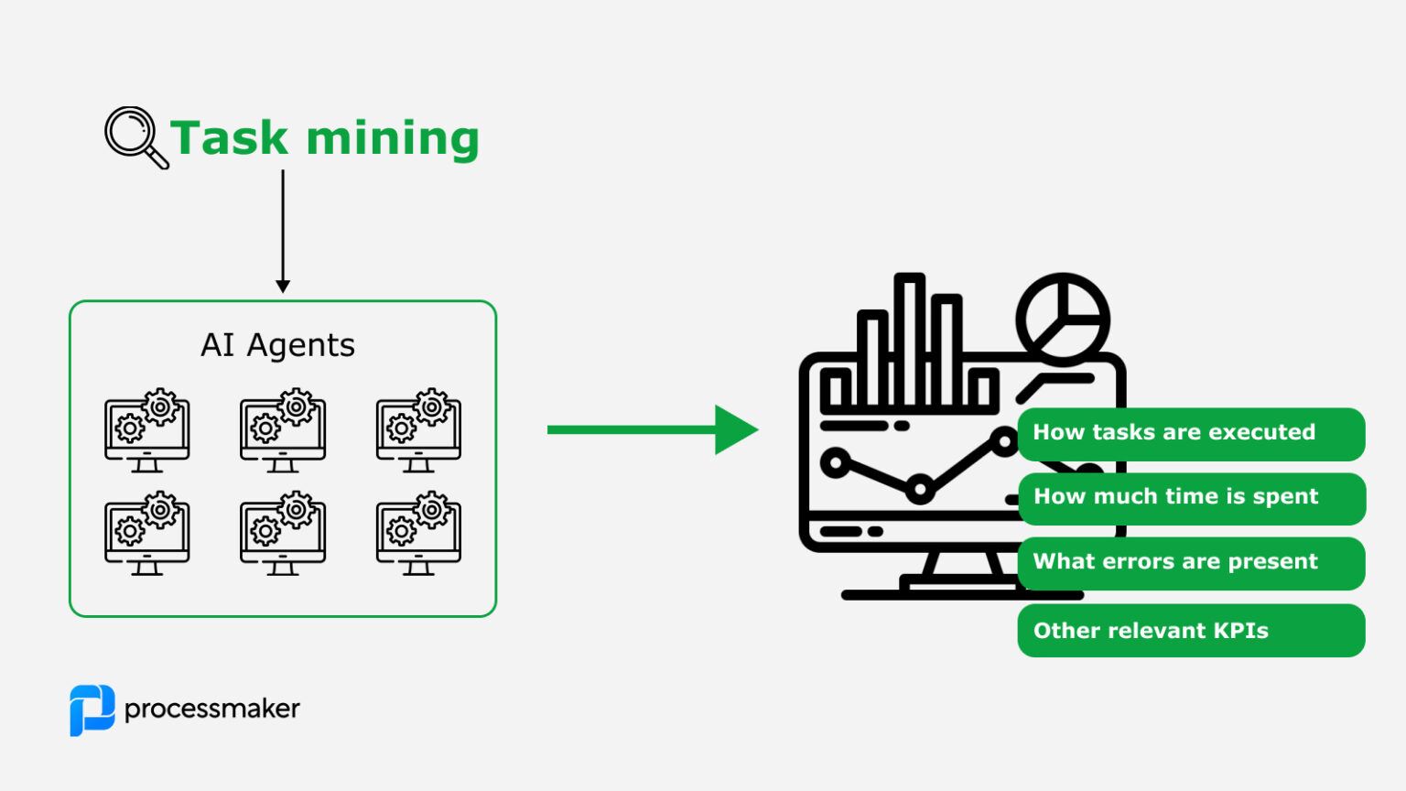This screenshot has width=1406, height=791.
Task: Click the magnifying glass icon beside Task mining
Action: click(135, 137)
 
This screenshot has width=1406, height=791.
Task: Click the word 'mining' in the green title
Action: click(393, 139)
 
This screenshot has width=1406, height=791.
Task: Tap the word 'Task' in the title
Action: click(229, 139)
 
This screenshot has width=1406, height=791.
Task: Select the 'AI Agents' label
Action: click(277, 345)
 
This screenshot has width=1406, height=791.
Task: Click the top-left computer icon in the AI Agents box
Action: click(147, 429)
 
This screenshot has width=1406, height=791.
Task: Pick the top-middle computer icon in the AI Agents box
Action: click(283, 429)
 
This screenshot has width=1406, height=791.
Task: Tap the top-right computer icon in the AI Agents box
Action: click(418, 429)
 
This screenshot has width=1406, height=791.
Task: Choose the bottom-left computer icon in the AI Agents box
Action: click(147, 533)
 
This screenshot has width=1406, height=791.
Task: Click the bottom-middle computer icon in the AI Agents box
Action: click(283, 533)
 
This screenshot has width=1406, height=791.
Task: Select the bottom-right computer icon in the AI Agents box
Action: click(418, 533)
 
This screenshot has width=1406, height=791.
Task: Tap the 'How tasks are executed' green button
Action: click(1191, 433)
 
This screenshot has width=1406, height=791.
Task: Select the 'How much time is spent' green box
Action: click(1191, 497)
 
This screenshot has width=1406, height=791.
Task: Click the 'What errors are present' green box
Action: click(1191, 562)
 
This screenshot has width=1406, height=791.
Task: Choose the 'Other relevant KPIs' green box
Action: click(1191, 631)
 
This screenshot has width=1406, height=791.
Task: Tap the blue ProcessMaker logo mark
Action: click(92, 710)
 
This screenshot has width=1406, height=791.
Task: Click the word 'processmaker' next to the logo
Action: click(211, 710)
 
